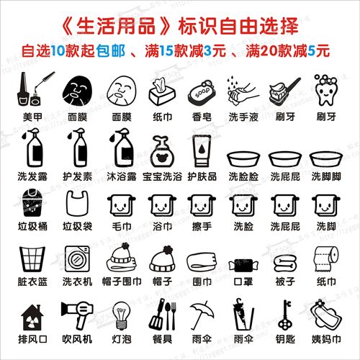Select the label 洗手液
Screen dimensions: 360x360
[243, 116]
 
